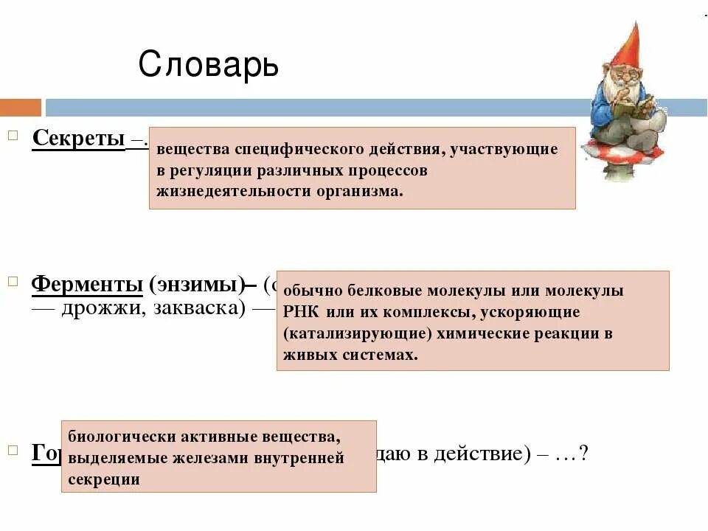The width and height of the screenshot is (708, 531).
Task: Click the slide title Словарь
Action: tap(209, 65)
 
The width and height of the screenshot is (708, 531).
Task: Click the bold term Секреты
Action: tap(78, 138)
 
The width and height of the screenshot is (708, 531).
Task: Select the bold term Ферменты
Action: tap(87, 284)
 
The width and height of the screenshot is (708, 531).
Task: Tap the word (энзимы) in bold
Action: tap(196, 284)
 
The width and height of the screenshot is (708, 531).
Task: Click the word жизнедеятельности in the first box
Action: tap(222, 190)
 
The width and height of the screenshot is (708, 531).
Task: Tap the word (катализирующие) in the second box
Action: tap(357, 333)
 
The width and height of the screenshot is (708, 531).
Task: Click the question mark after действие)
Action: tap(583, 454)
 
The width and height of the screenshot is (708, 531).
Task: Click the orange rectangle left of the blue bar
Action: tap(21, 108)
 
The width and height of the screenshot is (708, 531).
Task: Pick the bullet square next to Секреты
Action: tap(13, 136)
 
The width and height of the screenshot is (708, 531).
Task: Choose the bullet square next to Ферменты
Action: tap(13, 282)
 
